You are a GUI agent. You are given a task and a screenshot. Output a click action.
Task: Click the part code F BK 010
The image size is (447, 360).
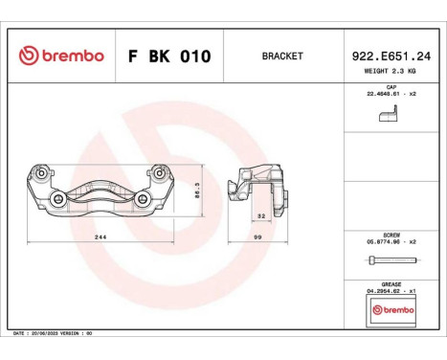click(169, 56)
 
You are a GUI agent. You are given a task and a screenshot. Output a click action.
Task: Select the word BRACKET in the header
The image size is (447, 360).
click(282, 56)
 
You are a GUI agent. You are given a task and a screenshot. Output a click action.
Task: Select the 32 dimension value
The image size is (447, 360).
click(259, 216)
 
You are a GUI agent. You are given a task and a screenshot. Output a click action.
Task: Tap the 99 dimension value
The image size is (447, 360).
click(258, 235)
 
